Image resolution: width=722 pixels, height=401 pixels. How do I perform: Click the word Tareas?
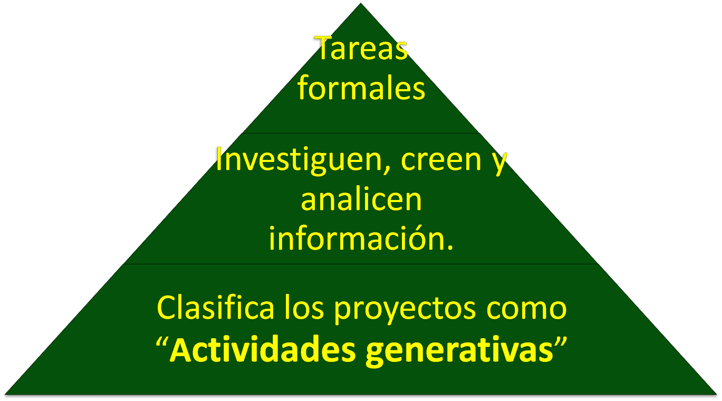point(361,48)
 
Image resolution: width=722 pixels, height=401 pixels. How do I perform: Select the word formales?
point(361,87)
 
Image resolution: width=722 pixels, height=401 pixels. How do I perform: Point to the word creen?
point(441,161)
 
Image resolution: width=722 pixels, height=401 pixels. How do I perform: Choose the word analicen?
point(361,200)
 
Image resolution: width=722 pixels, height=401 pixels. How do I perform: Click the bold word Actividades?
point(262,348)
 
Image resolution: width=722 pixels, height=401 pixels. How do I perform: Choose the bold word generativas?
point(460,351)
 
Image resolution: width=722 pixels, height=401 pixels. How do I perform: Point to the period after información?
point(450,247)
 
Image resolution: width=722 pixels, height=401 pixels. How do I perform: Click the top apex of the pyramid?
point(361,3)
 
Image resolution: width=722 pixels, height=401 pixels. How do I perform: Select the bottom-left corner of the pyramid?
point(5,394)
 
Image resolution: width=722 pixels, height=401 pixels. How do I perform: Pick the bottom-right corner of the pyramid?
point(716,394)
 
